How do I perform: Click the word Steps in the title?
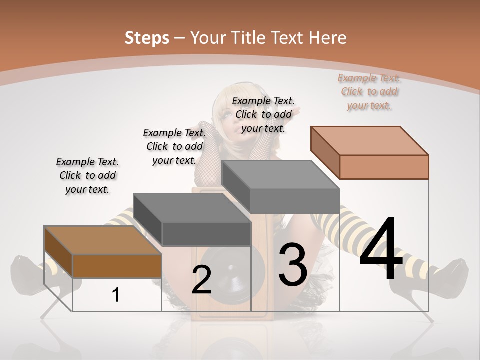(x=146, y=38)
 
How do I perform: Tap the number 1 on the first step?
(x=116, y=295)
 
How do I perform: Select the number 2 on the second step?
(x=201, y=280)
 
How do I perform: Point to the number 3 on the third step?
(x=292, y=265)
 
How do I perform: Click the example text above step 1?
(x=87, y=175)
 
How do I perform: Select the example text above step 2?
(x=174, y=146)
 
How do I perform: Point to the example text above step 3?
(x=263, y=114)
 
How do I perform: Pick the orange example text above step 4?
(x=369, y=91)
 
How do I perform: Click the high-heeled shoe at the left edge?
(x=30, y=275)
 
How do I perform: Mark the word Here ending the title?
(x=329, y=38)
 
